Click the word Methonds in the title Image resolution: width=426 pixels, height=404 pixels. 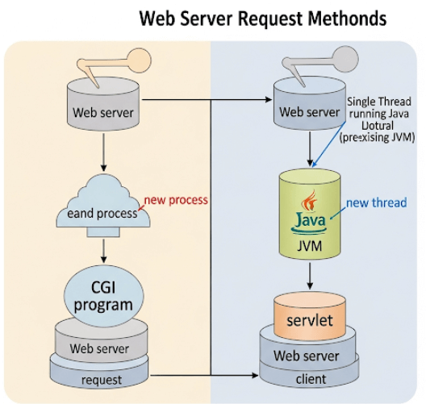(x=342, y=18)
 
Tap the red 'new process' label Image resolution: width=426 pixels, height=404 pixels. (x=175, y=199)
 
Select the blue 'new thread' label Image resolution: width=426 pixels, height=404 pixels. (x=377, y=202)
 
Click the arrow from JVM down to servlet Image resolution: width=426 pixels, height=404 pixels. (x=310, y=277)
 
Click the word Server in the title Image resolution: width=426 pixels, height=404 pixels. (x=218, y=18)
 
